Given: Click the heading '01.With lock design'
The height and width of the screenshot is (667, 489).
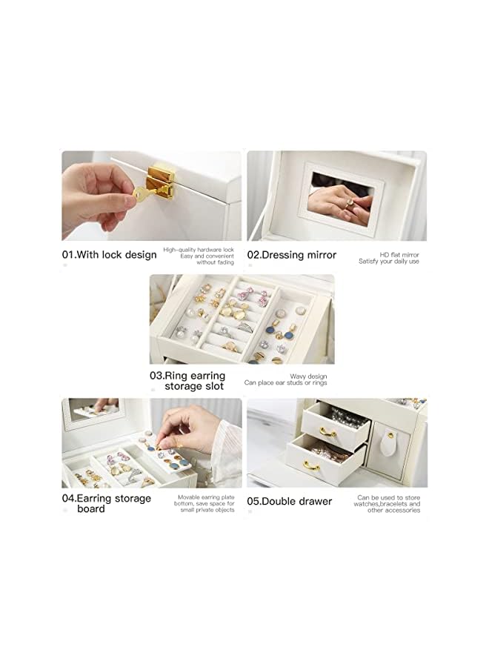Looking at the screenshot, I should [109, 255].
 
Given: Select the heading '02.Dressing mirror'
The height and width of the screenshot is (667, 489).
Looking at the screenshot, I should [291, 255].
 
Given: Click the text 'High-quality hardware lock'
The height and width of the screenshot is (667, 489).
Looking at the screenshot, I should [199, 250].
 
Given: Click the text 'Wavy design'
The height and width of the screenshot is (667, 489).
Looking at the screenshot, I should [308, 376].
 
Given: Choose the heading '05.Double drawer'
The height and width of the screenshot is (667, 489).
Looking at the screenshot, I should [289, 502].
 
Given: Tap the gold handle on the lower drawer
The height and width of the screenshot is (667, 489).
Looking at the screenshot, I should [311, 465].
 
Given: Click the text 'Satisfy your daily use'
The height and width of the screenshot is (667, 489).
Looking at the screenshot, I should [389, 261].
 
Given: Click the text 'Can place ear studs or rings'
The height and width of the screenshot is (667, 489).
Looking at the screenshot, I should [285, 384].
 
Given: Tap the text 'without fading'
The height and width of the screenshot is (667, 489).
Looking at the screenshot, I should [215, 262].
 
